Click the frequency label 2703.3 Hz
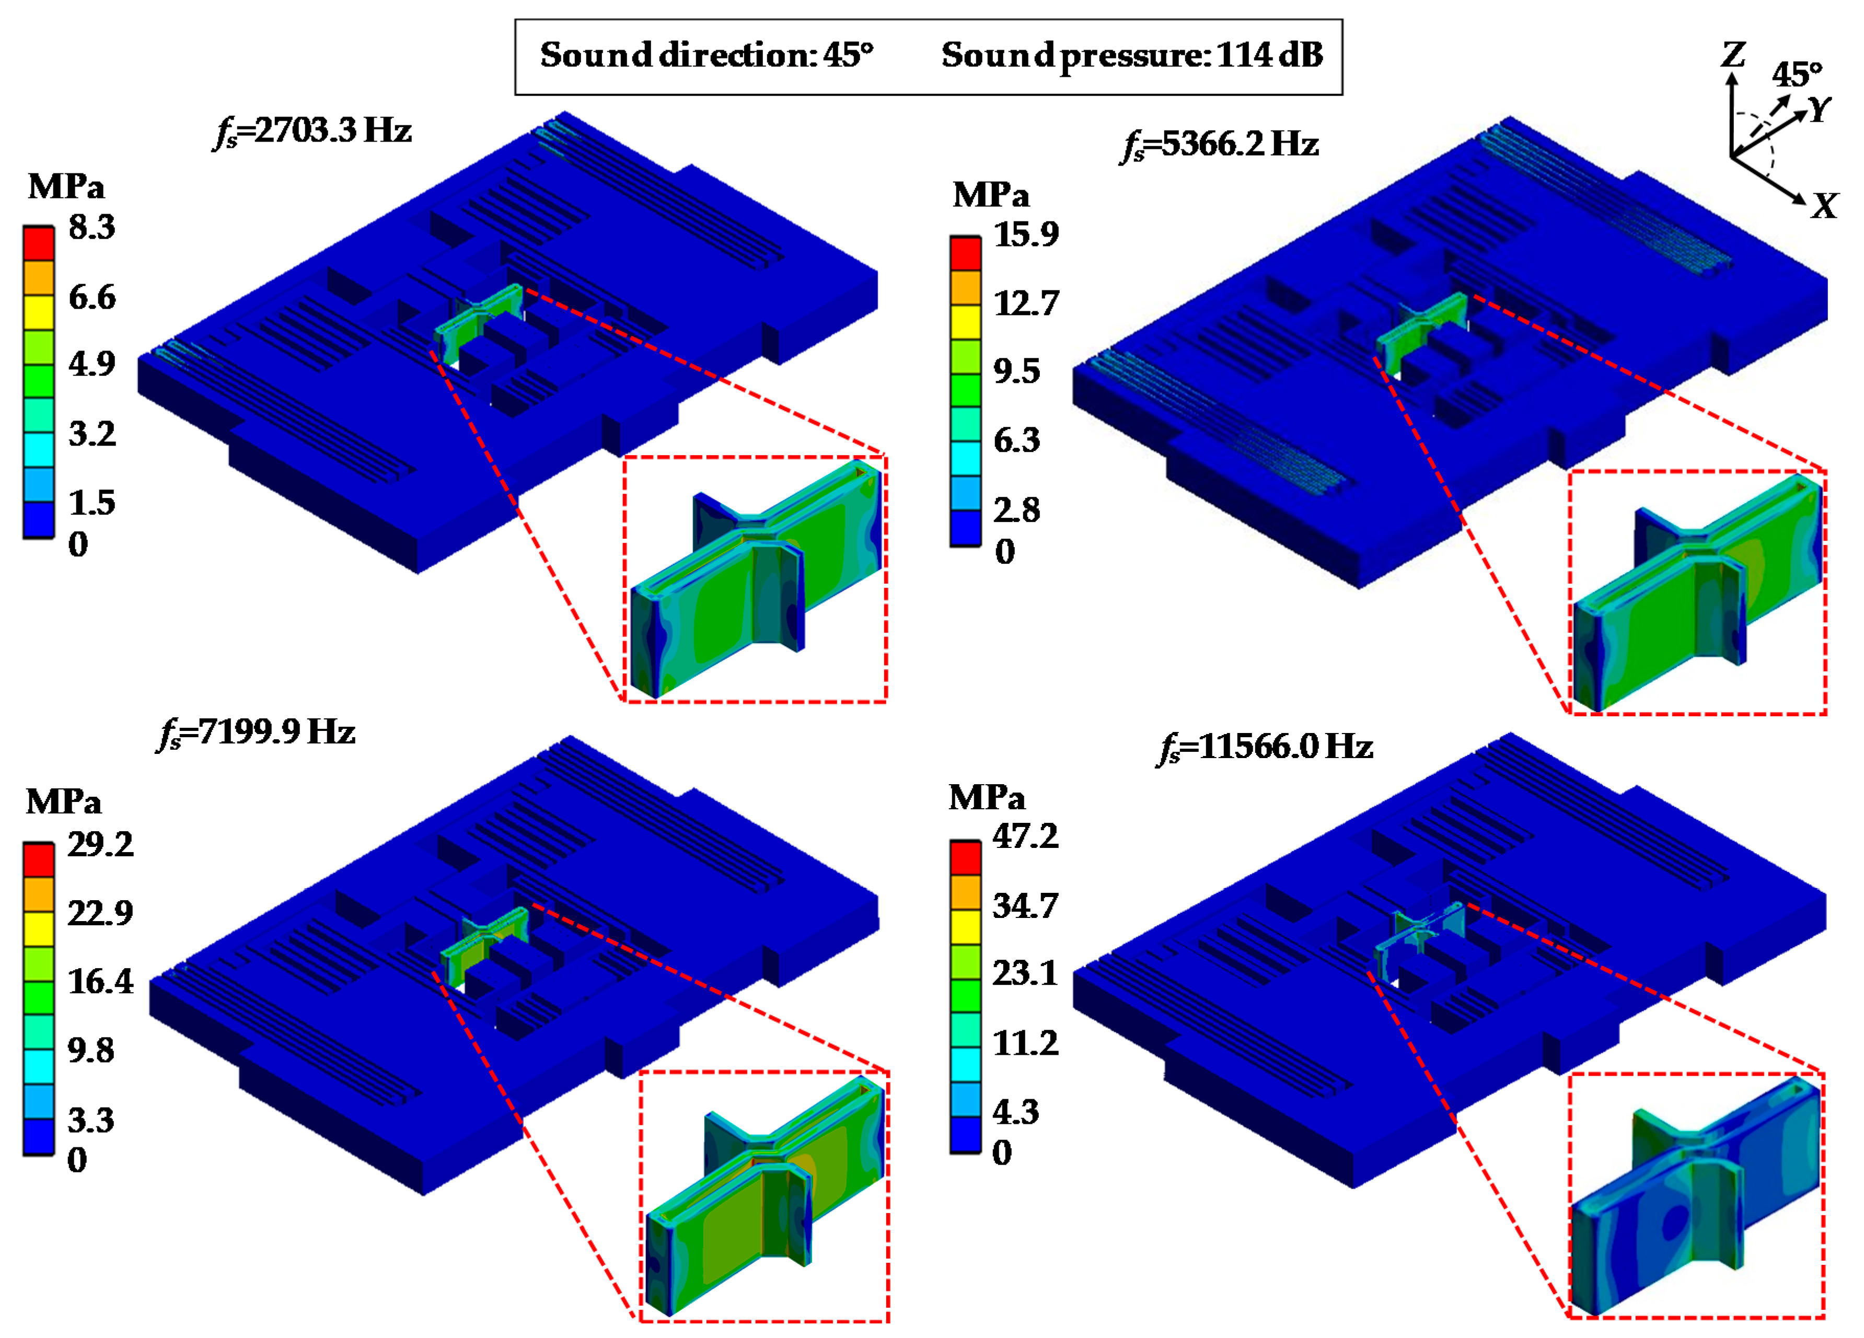point(313,131)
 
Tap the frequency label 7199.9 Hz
point(257,731)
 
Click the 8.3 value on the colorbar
point(92,227)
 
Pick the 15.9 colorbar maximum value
point(1026,235)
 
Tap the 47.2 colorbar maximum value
point(1025,836)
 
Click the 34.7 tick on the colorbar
point(1025,906)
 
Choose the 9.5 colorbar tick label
point(1016,371)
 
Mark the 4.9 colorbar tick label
point(92,363)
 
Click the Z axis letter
point(1732,56)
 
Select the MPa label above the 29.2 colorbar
point(63,801)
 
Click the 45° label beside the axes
point(1797,75)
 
